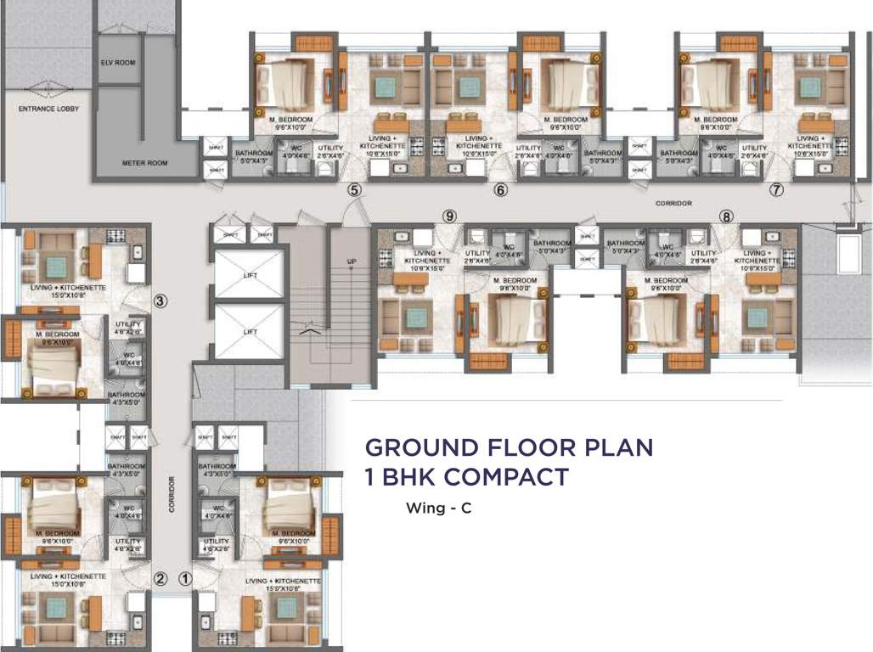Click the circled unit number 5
[x=354, y=190]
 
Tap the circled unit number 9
[x=449, y=216]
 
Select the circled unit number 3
[x=160, y=300]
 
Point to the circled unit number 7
[x=775, y=190]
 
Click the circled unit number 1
[x=186, y=580]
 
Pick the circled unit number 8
[x=725, y=216]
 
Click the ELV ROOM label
[x=117, y=63]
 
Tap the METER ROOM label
[x=145, y=162]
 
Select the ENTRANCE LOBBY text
[x=48, y=109]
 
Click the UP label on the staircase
[x=351, y=261]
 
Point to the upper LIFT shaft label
[x=249, y=274]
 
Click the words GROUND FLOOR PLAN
[x=509, y=447]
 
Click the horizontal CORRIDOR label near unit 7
[x=673, y=204]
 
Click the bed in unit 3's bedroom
[x=54, y=365]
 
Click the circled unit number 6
[x=500, y=190]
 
